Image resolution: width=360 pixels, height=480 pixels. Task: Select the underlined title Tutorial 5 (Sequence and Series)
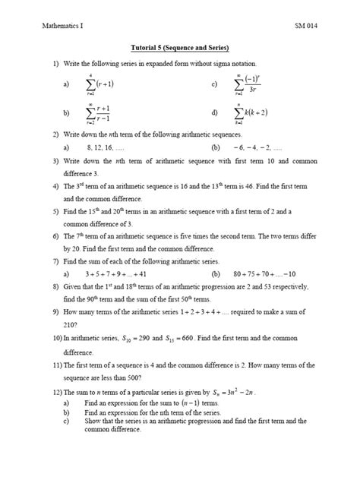point(180,47)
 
